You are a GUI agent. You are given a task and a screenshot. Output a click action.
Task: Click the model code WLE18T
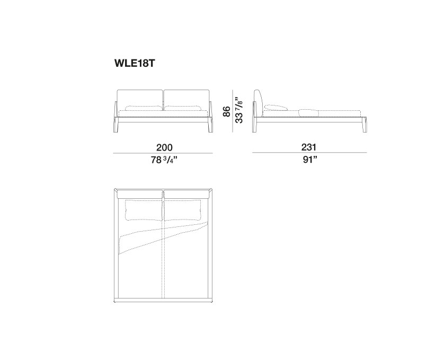[x=135, y=63]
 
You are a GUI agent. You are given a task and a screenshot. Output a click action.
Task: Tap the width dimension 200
[x=164, y=147]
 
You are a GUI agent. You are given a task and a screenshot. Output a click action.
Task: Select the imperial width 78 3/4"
[x=164, y=160]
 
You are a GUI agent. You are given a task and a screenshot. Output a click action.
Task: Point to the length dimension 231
[x=308, y=147]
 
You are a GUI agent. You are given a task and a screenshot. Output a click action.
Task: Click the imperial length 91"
[x=309, y=160]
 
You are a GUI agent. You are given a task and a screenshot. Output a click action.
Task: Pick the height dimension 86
[x=227, y=111]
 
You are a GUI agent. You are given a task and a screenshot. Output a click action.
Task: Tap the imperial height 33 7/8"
[x=239, y=110]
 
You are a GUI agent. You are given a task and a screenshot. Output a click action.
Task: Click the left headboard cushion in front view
[x=140, y=100]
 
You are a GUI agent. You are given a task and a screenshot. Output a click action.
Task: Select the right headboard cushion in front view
[x=187, y=100]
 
